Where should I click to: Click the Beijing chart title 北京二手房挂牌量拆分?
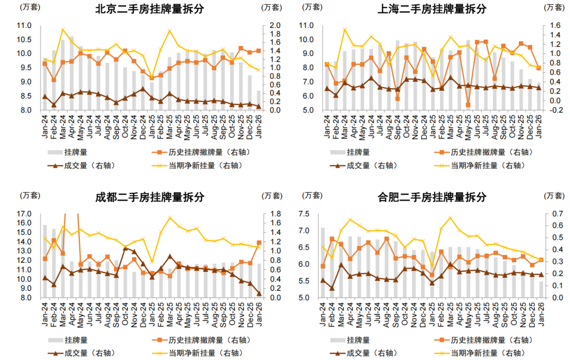(149, 9)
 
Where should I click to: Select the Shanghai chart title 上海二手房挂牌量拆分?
(432, 9)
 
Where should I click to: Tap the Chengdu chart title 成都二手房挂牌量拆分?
(149, 197)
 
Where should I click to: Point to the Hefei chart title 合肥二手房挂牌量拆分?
(432, 197)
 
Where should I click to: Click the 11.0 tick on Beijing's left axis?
(24, 25)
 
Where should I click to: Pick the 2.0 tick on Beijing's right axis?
(275, 25)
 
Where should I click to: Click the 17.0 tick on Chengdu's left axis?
(24, 214)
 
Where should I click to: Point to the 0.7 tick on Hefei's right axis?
(556, 214)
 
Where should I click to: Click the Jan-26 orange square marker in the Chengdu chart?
(259, 243)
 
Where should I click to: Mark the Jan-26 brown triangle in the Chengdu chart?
(259, 293)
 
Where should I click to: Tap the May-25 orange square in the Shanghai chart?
(468, 105)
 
